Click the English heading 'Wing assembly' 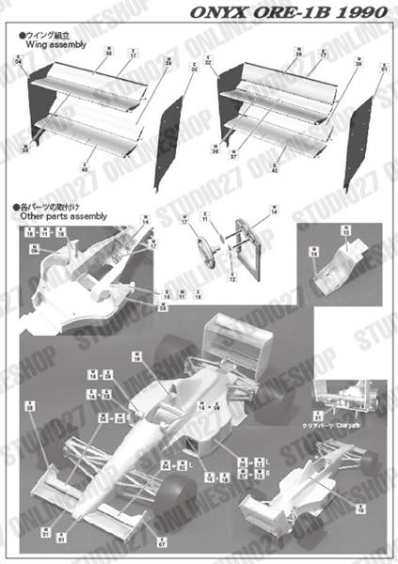pos(48,43)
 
